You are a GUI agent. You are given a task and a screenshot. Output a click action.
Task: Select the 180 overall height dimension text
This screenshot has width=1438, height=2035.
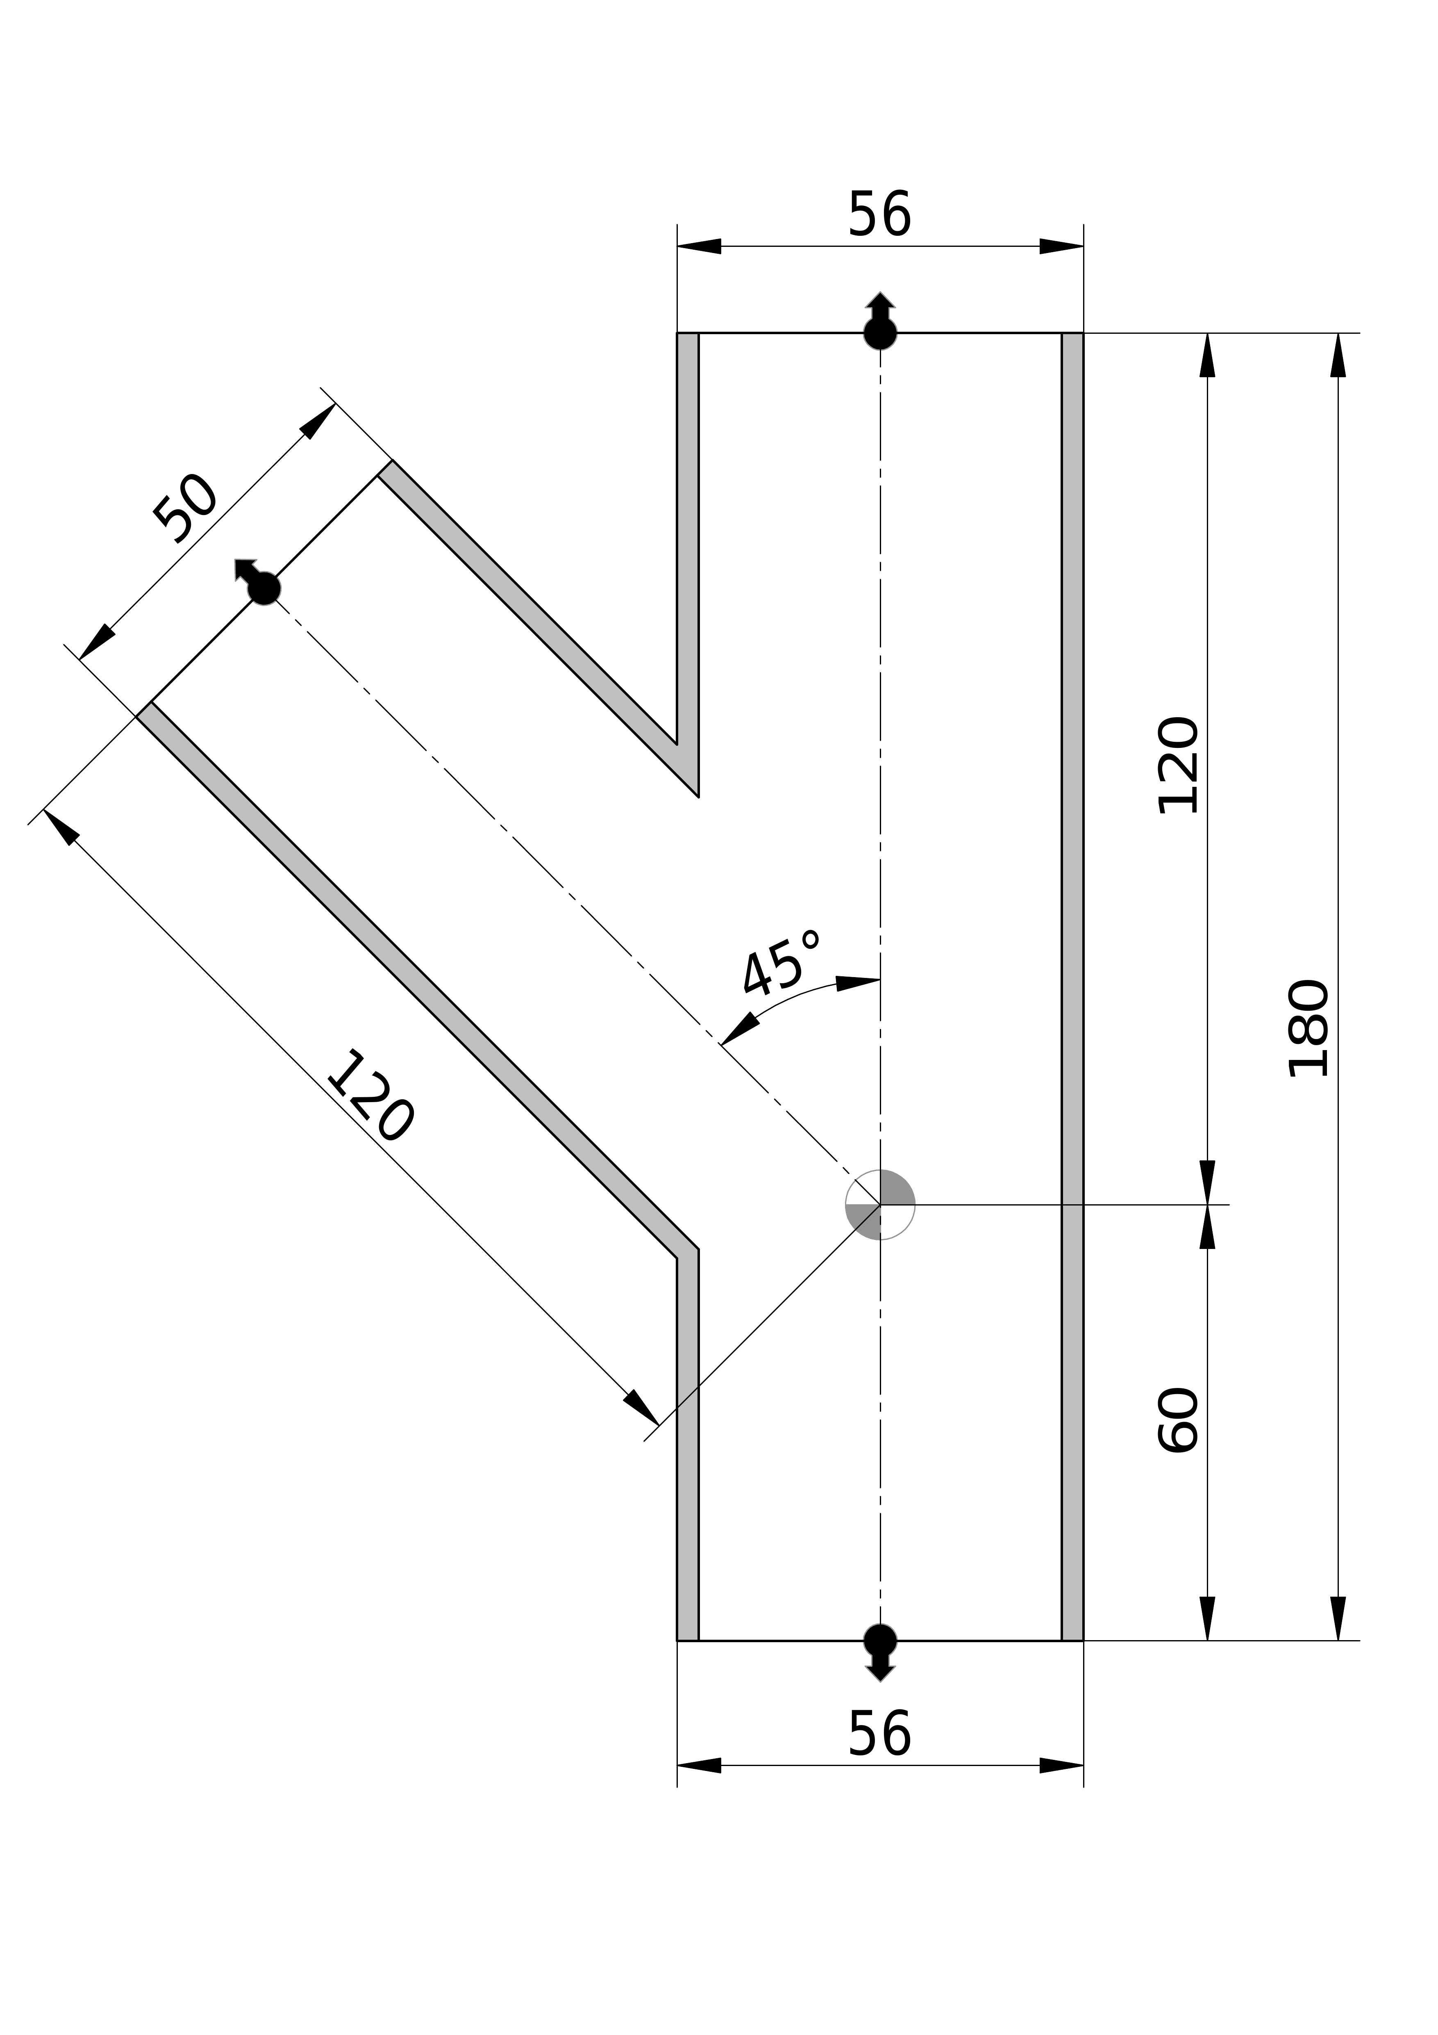click(1309, 1028)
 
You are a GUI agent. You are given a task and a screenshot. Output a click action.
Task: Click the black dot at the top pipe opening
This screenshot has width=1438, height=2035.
click(880, 333)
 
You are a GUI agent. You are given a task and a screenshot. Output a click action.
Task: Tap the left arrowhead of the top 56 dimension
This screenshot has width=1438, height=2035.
click(700, 246)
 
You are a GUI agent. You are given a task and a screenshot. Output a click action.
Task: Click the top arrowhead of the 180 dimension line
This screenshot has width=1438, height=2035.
click(1338, 356)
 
